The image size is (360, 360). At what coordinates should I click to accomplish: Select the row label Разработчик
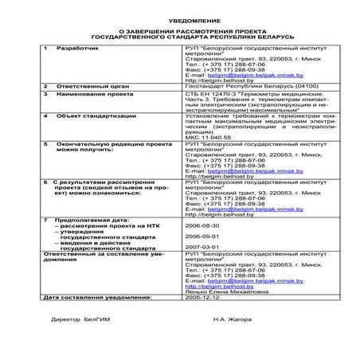[x=73, y=48]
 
